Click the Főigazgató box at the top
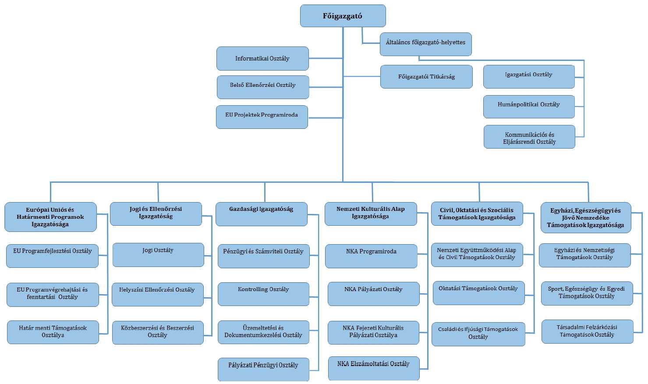click(x=343, y=16)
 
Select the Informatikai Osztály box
click(x=262, y=58)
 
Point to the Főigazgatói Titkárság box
click(x=426, y=77)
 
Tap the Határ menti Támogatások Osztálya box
click(x=53, y=332)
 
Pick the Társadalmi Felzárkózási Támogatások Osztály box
click(x=587, y=331)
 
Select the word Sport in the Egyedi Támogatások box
click(x=556, y=289)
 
